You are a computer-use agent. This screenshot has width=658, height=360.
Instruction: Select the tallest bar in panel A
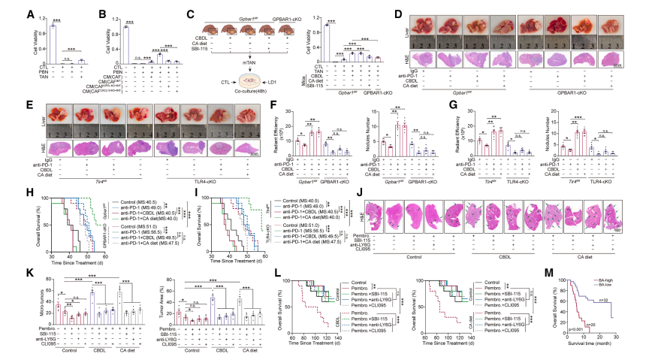(x=52, y=44)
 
